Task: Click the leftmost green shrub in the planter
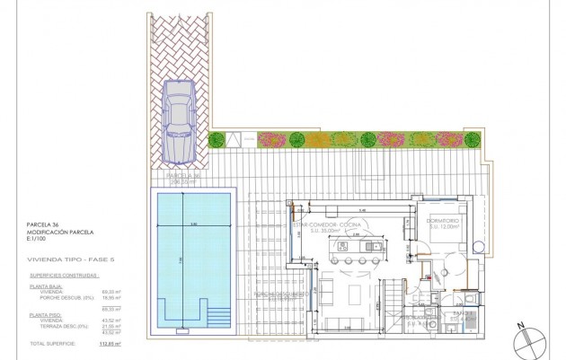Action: point(217,138)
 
